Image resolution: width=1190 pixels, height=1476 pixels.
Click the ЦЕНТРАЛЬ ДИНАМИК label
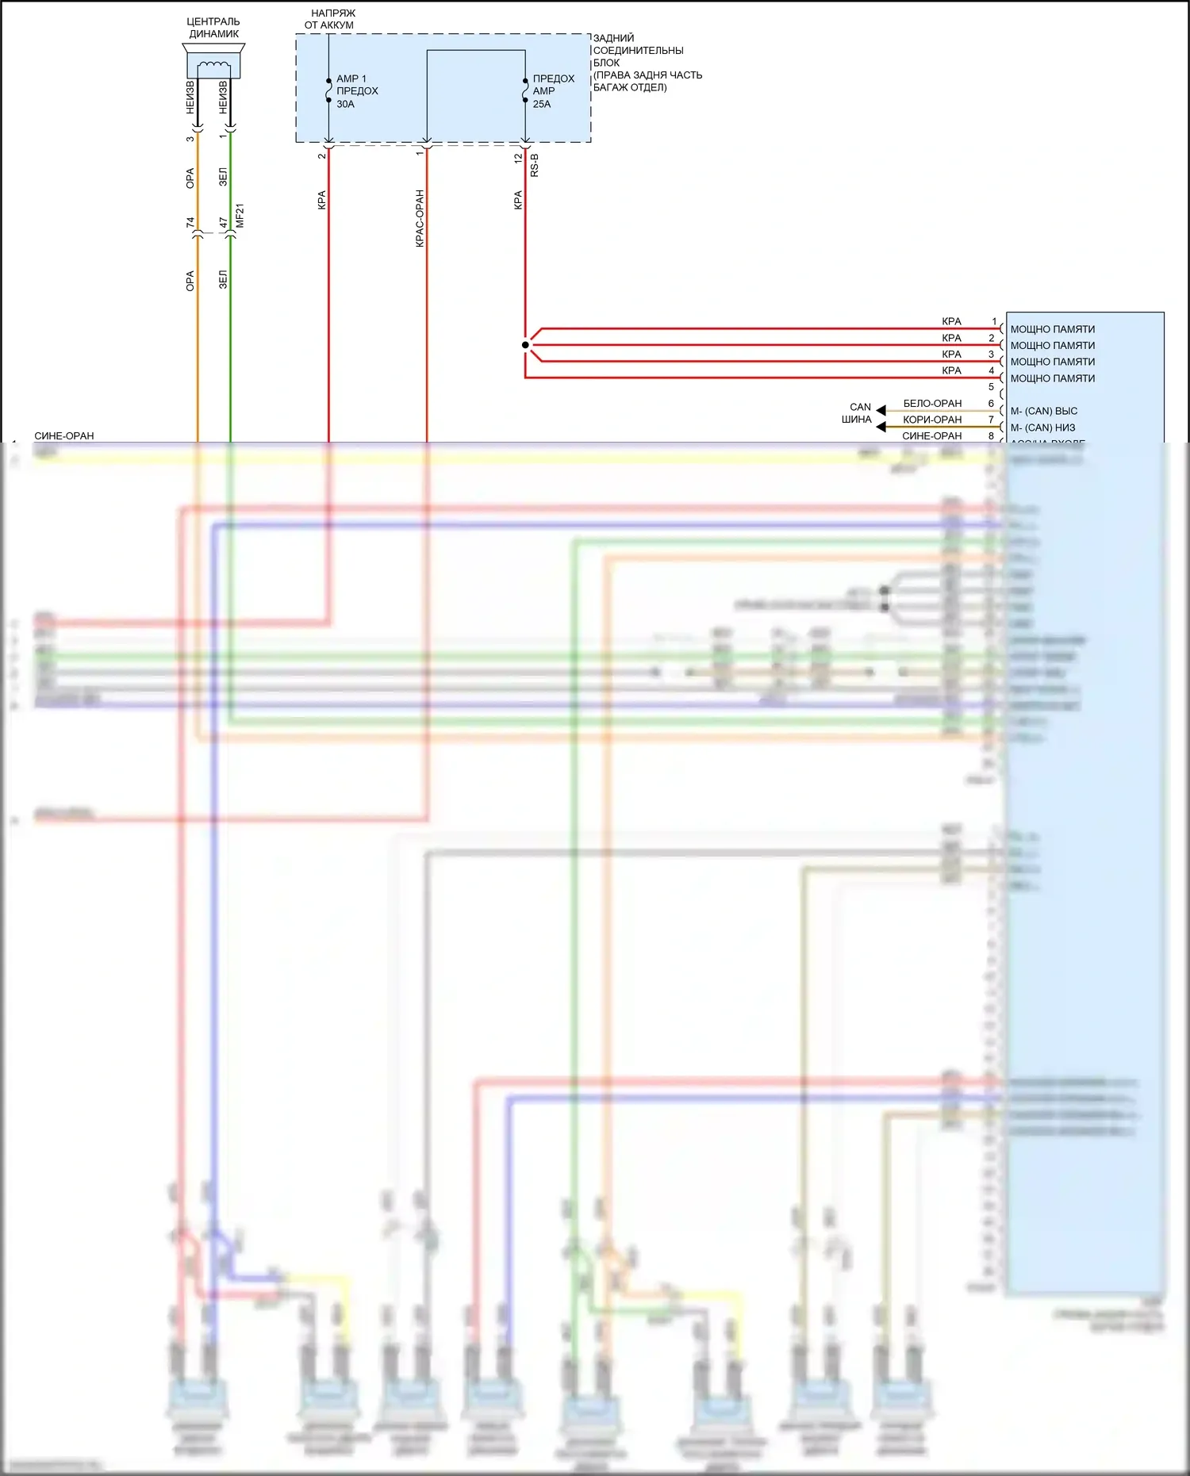click(x=213, y=28)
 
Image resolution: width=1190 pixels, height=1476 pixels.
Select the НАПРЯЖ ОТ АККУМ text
click(x=331, y=19)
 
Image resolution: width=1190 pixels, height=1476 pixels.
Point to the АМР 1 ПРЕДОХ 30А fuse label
click(x=356, y=91)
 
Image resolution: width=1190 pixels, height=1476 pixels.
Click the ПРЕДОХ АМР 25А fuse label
click(x=553, y=91)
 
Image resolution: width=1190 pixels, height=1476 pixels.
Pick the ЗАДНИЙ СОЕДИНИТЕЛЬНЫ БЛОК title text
click(x=638, y=50)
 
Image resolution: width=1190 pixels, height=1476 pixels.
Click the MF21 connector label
click(x=240, y=216)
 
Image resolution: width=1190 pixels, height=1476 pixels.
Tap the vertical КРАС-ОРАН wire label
click(x=420, y=218)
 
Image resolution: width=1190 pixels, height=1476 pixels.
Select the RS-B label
click(x=535, y=165)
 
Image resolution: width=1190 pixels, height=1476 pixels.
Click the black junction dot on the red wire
click(x=525, y=345)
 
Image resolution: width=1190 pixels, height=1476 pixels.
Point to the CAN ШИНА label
click(x=858, y=413)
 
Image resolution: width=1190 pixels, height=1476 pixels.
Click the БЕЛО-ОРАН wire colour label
click(x=932, y=404)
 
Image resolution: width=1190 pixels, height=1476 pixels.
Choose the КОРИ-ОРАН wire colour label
click(x=932, y=420)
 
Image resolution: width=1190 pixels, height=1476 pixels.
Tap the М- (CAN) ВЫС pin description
click(x=1043, y=411)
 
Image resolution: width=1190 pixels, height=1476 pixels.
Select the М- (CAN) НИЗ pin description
click(x=1042, y=427)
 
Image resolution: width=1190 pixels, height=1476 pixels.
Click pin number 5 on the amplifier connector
click(x=991, y=387)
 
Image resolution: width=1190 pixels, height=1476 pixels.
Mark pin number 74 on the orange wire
click(x=190, y=223)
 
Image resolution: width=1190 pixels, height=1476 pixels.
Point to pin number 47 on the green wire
click(x=223, y=223)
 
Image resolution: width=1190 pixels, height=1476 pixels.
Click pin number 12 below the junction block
click(x=518, y=158)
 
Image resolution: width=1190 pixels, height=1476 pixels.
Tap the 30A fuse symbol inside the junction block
click(x=328, y=90)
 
